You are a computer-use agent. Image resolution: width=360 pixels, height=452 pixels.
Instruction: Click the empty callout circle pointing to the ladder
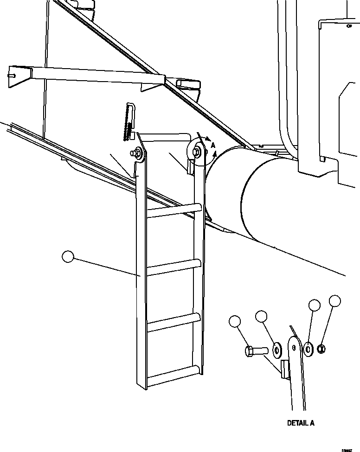click(x=69, y=257)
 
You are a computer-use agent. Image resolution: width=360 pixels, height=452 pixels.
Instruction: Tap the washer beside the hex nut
click(x=309, y=349)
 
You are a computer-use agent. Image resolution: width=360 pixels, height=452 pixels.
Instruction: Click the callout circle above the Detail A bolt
click(x=235, y=321)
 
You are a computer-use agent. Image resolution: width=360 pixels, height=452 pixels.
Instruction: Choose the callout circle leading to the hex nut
click(x=335, y=301)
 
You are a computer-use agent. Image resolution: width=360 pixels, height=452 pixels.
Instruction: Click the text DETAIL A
click(x=301, y=423)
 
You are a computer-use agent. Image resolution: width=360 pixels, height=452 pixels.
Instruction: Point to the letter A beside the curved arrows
click(x=213, y=146)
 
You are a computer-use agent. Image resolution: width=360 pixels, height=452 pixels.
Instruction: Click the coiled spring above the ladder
click(x=127, y=122)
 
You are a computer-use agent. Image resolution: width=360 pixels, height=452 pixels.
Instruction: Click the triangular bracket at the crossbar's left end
click(x=19, y=76)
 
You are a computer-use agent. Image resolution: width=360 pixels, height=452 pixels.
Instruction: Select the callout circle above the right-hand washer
click(x=315, y=306)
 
